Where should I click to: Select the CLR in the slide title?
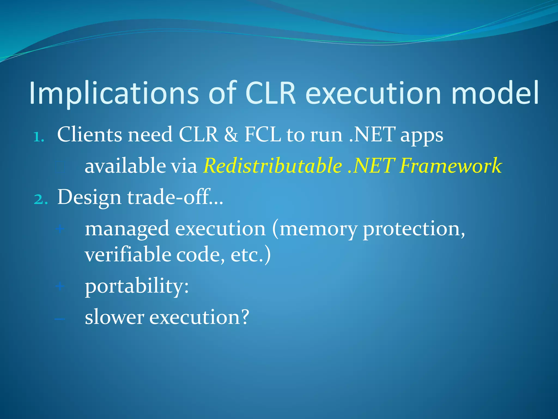270,93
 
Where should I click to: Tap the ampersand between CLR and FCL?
231,135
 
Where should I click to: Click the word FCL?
262,135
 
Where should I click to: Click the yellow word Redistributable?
272,166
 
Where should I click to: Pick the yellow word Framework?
451,166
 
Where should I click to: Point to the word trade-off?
172,197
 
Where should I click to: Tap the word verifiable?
128,255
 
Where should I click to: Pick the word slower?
114,318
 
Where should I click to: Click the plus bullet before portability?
60,286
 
